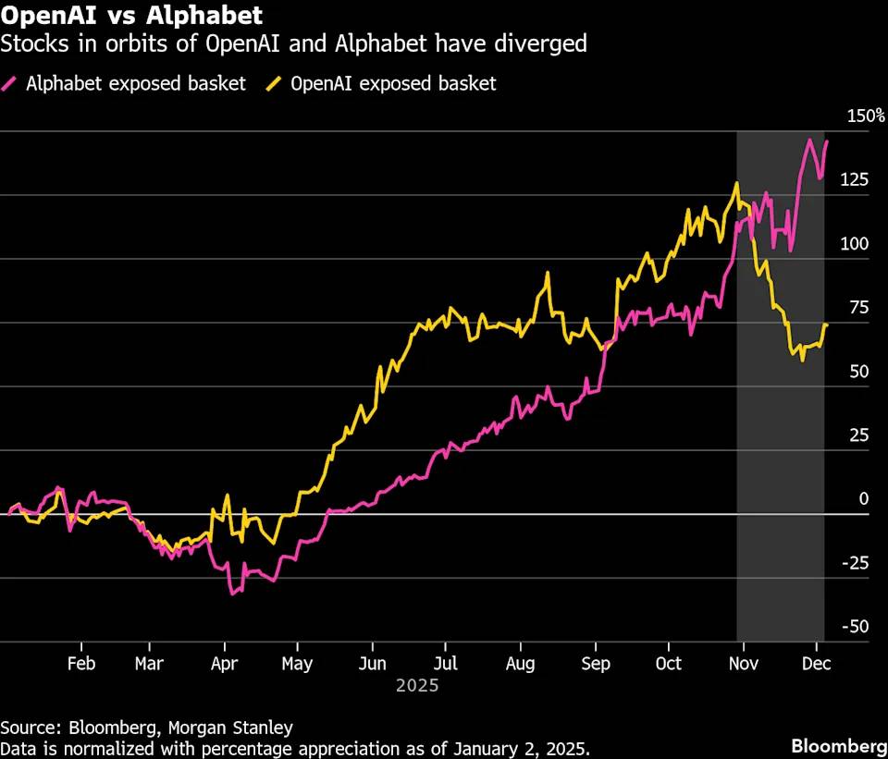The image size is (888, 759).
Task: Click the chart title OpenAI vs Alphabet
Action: (x=131, y=16)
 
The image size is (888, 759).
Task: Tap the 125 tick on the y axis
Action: (x=854, y=179)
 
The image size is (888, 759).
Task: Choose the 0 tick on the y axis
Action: (x=864, y=499)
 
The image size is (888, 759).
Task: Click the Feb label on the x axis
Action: (x=81, y=664)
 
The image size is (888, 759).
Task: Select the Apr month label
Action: (x=224, y=664)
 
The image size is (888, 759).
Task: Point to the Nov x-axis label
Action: (x=740, y=664)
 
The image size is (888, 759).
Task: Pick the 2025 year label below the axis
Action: (x=417, y=687)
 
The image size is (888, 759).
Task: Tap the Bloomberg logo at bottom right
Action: (x=835, y=745)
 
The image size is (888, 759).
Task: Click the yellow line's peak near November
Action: (x=736, y=183)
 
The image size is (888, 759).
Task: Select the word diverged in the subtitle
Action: (x=547, y=43)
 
